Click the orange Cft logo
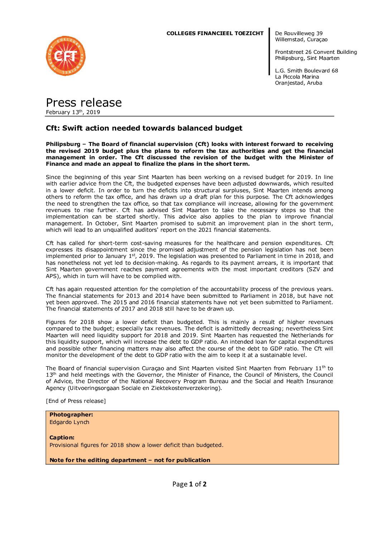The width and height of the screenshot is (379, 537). point(66,56)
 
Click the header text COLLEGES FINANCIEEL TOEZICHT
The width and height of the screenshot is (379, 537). point(215,33)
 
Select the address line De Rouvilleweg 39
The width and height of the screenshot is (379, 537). point(299,33)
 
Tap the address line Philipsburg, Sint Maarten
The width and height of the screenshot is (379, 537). point(307,58)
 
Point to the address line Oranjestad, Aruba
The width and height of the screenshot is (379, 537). point(298,83)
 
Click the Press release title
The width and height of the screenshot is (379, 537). point(84,103)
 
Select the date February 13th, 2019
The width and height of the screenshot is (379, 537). point(73,112)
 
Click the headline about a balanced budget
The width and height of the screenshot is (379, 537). point(144,128)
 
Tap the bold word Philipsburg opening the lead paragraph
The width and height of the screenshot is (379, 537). point(63,144)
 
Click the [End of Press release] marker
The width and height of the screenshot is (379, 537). point(76,401)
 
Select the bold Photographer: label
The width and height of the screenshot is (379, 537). point(71,415)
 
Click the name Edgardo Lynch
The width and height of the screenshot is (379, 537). point(69,422)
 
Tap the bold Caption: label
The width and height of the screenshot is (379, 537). point(62,438)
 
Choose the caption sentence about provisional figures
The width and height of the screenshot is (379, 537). point(136,445)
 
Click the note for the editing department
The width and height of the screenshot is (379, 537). point(130,460)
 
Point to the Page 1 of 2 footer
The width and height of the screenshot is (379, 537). point(189,484)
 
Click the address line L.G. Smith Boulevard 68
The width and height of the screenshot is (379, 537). point(306,71)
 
